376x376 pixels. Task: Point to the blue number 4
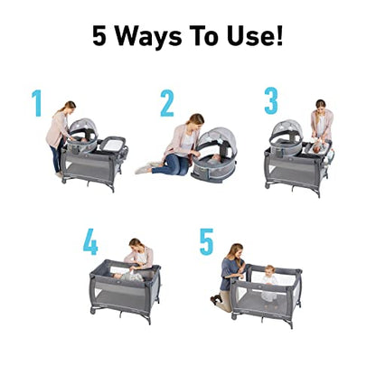[90, 241]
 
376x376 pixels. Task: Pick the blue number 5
[206, 241]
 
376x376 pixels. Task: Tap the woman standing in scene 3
[321, 122]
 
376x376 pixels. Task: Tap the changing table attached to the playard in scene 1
[116, 141]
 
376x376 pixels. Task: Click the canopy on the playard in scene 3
[290, 131]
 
